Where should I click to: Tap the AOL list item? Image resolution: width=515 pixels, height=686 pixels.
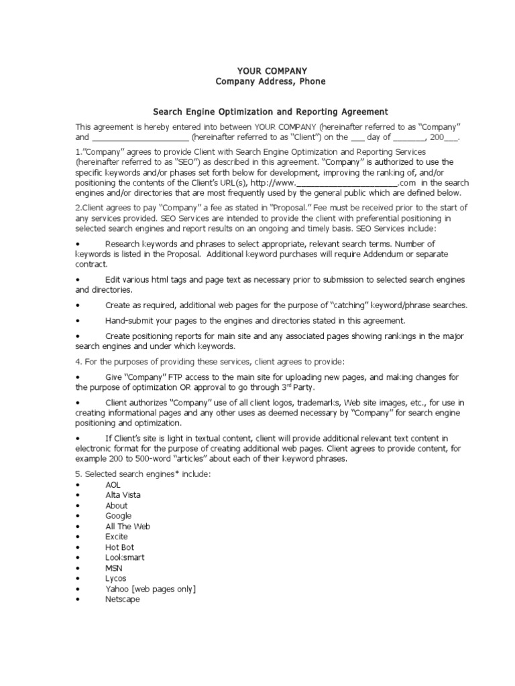pyautogui.click(x=113, y=484)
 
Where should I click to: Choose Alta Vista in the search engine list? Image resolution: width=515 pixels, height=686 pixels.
pyautogui.click(x=123, y=495)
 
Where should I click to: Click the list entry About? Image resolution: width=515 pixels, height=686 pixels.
pyautogui.click(x=116, y=506)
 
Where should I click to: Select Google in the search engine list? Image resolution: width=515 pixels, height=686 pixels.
pyautogui.click(x=118, y=516)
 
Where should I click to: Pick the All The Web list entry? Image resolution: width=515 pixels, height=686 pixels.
pyautogui.click(x=127, y=527)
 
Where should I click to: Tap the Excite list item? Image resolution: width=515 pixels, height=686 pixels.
pyautogui.click(x=117, y=537)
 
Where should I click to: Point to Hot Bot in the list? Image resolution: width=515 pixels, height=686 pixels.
pyautogui.click(x=119, y=547)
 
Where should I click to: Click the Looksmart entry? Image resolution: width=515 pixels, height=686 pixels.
pyautogui.click(x=125, y=557)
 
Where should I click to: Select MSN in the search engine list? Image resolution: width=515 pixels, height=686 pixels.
pyautogui.click(x=113, y=568)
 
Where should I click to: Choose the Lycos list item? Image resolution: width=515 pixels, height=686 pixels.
pyautogui.click(x=115, y=578)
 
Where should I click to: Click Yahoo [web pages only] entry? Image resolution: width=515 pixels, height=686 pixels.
pyautogui.click(x=150, y=589)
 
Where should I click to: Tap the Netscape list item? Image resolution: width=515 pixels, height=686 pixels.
pyautogui.click(x=122, y=600)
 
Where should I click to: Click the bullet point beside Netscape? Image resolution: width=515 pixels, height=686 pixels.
pyautogui.click(x=78, y=600)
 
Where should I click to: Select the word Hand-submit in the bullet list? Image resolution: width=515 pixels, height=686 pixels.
pyautogui.click(x=129, y=321)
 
